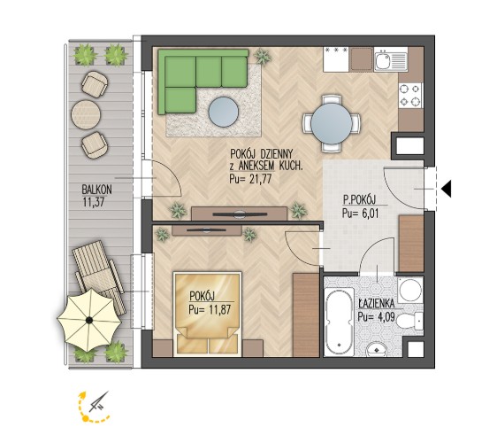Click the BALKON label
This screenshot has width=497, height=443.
click(96, 190)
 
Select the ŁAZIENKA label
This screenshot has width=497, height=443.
click(377, 304)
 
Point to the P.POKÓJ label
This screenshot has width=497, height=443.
click(359, 199)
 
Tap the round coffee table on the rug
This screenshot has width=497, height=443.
click(223, 112)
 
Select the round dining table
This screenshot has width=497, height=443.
click(332, 123)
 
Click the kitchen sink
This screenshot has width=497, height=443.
click(391, 60)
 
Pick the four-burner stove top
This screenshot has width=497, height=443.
click(410, 96)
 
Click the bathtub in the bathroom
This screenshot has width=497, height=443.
click(340, 322)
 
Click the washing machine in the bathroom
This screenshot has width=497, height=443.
click(410, 290)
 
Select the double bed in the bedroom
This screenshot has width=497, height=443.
click(208, 314)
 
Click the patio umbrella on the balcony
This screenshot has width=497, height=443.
click(89, 320)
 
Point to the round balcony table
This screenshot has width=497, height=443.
click(86, 114)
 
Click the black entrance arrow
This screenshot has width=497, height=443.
click(447, 189)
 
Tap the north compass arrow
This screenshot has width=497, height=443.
click(99, 401)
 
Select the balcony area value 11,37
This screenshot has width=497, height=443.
click(93, 202)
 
